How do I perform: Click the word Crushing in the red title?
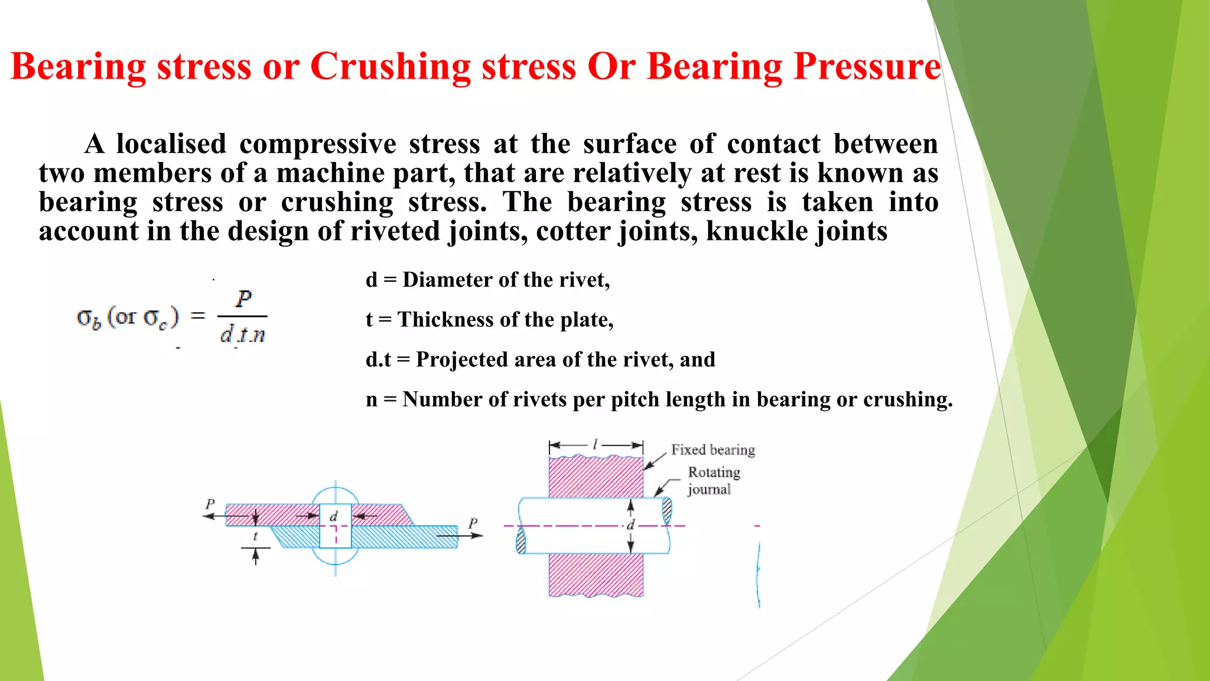pyautogui.click(x=390, y=66)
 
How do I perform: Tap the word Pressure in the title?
pyautogui.click(x=867, y=66)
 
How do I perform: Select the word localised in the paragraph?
pyautogui.click(x=171, y=144)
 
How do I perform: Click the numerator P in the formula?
pyautogui.click(x=243, y=299)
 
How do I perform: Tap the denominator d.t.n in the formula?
pyautogui.click(x=242, y=335)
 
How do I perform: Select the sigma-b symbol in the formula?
pyautogui.click(x=89, y=319)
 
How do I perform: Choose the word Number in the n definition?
pyautogui.click(x=438, y=400)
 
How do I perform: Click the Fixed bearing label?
pyautogui.click(x=713, y=450)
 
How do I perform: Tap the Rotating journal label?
pyautogui.click(x=713, y=480)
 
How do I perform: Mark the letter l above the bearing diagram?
pyautogui.click(x=596, y=444)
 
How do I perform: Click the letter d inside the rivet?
pyautogui.click(x=333, y=517)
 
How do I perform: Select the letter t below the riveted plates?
pyautogui.click(x=255, y=536)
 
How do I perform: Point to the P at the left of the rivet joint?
pyautogui.click(x=210, y=504)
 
